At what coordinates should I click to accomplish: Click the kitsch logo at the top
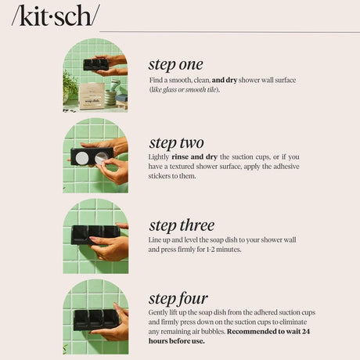click(55, 15)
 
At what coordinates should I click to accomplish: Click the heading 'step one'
click(175, 64)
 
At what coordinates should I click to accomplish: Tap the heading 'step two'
click(176, 142)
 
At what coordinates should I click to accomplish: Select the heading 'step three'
click(181, 225)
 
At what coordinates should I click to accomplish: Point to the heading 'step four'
click(178, 298)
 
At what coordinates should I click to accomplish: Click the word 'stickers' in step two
click(162, 175)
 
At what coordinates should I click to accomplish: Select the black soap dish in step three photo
click(95, 232)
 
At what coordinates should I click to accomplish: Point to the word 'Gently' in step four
click(159, 312)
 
